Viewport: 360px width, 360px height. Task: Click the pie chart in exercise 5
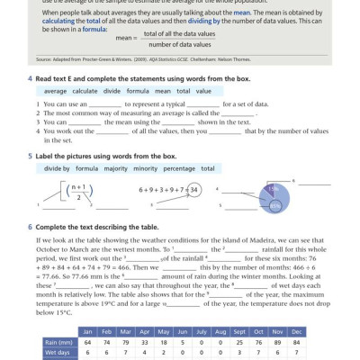click(x=269, y=195)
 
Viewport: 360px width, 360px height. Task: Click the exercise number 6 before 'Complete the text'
click(x=31, y=226)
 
